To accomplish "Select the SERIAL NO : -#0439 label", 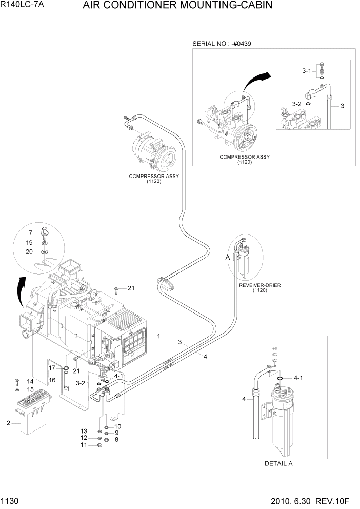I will click(217, 44).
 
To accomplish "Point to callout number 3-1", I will click(306, 71).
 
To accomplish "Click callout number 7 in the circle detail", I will click(30, 232).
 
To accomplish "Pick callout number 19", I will click(30, 242).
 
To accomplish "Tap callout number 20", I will click(30, 251).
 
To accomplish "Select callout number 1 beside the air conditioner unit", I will click(159, 337).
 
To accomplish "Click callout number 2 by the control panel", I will click(8, 423).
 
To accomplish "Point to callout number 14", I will click(30, 381).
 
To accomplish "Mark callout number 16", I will click(52, 380).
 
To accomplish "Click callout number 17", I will click(52, 368).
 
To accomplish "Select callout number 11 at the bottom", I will click(84, 445).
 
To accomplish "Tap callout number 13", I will click(84, 431).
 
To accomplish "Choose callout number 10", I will click(117, 426).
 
